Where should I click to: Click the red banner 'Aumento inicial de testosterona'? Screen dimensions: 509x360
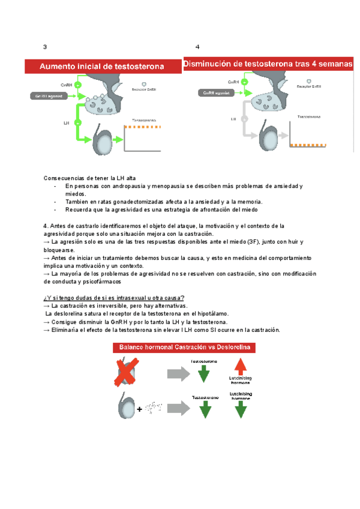[102, 67]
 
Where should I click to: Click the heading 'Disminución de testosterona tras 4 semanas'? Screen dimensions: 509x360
[268, 64]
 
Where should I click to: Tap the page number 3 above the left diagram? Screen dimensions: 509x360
[44, 47]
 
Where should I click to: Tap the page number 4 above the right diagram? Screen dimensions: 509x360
[197, 47]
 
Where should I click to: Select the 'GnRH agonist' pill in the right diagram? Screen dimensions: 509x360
[217, 93]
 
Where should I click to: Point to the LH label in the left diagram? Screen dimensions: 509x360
[67, 122]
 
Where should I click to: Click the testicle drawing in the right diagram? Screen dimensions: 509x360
[268, 136]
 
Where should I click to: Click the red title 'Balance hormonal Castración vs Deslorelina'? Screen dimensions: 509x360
[187, 348]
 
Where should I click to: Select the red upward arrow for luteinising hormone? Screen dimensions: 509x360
[240, 367]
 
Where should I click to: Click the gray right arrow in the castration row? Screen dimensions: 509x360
[179, 374]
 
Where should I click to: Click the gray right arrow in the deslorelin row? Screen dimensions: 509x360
[179, 409]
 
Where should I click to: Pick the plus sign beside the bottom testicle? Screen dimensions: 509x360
[140, 409]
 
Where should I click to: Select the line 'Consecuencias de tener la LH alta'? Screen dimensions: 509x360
[90, 179]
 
